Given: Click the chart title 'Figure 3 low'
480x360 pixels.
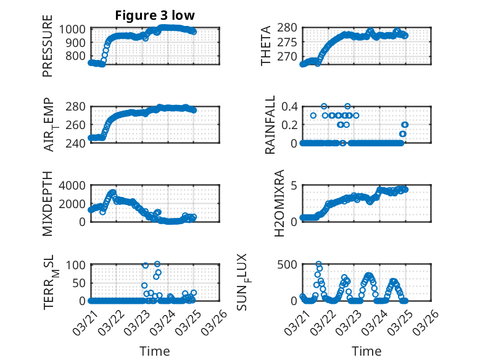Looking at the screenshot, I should [155, 15].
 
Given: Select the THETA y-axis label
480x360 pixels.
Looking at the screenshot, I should [266, 46].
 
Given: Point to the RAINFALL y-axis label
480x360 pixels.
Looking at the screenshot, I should [270, 125].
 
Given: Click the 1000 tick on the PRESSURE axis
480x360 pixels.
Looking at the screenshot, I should [74, 28].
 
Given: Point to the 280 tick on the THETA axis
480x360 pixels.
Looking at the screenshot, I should [288, 27].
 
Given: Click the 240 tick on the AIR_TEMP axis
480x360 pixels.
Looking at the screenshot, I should [77, 143].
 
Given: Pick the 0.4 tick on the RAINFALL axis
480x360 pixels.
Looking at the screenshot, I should [289, 106].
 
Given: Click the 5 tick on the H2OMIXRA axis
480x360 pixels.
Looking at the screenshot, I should [295, 185].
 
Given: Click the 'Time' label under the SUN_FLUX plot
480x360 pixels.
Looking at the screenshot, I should [367, 351].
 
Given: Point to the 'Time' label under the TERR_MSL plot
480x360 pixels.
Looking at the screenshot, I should [155, 351].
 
